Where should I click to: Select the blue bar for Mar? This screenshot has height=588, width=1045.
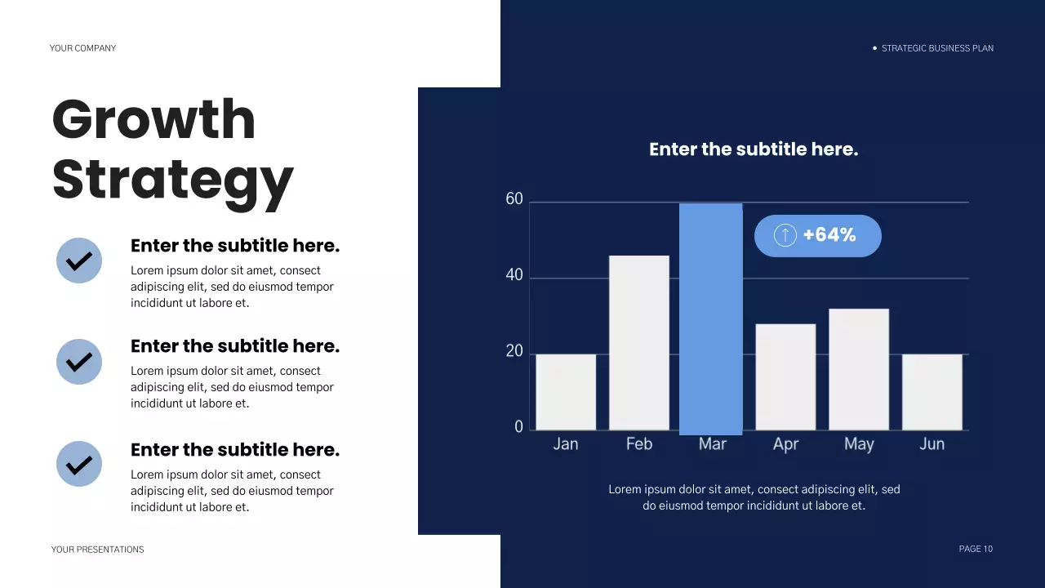tap(710, 318)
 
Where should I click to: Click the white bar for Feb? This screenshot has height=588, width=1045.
tap(638, 343)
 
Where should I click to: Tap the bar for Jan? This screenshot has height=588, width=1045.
tap(566, 392)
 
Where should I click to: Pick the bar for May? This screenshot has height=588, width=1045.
tap(859, 369)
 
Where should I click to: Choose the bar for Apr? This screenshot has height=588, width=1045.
tap(785, 376)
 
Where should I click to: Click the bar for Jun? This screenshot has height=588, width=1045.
tap(932, 392)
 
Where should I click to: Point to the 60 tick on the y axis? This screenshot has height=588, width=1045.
tap(514, 199)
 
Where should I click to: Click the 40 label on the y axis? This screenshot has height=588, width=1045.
tap(514, 275)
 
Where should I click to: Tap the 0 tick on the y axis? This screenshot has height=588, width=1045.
tap(518, 427)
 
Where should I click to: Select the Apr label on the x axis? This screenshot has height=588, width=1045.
tap(785, 444)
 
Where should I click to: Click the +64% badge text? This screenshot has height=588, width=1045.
tap(829, 235)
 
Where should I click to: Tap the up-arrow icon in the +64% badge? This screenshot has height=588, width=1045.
tap(785, 236)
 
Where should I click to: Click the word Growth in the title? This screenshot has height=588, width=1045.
tap(154, 119)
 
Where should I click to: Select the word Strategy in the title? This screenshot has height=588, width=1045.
tap(172, 180)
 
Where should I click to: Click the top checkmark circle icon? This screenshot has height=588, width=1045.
tap(79, 261)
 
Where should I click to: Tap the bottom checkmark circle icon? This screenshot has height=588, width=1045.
tap(79, 464)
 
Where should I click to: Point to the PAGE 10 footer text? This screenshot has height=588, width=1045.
tap(976, 549)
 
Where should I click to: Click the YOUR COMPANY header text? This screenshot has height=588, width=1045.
tap(82, 48)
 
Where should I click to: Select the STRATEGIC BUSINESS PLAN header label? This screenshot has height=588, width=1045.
tap(937, 48)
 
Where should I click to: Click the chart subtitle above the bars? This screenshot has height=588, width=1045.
tap(753, 149)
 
